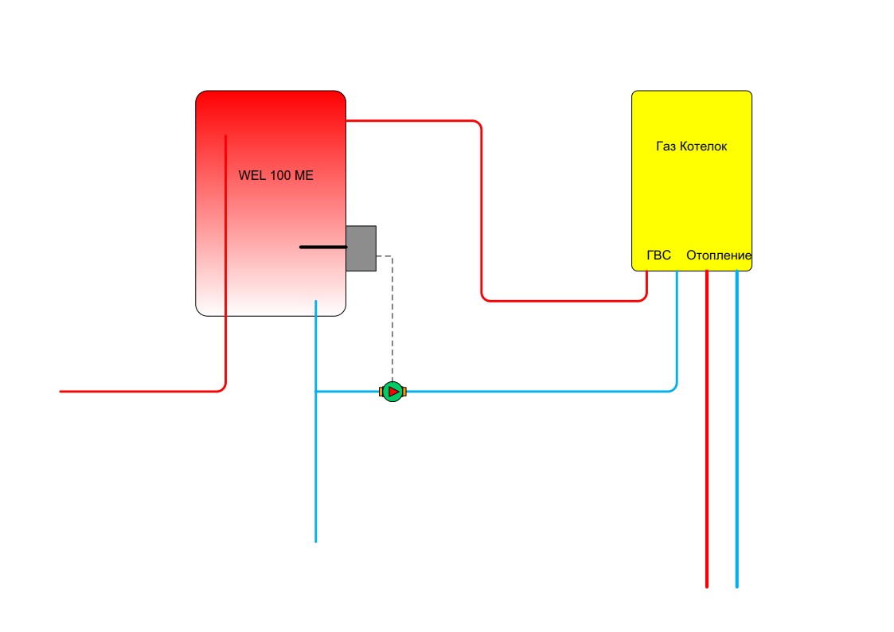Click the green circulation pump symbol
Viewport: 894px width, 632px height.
[x=392, y=392]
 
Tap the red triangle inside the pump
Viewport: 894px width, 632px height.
[x=393, y=392]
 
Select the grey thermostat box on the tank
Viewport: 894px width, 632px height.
[x=361, y=248]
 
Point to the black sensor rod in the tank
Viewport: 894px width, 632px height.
[x=323, y=248]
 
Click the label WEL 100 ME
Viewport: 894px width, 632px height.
[x=276, y=176]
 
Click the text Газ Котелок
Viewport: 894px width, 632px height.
[x=692, y=146]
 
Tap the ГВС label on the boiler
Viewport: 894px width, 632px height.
[x=658, y=256]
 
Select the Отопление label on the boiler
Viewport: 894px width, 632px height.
[x=718, y=256]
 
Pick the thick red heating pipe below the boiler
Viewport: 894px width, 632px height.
[x=707, y=428]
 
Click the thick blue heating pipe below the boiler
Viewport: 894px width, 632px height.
[x=736, y=428]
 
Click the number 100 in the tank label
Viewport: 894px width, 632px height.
[x=280, y=176]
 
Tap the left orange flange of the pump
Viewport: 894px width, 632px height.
[x=381, y=392]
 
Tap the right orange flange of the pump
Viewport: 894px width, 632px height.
[x=404, y=392]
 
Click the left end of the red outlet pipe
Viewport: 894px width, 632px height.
[x=61, y=392]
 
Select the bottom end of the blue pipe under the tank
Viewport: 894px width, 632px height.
[x=316, y=541]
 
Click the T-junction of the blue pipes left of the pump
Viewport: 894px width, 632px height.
[x=316, y=392]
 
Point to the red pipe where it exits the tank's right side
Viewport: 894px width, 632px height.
[x=347, y=121]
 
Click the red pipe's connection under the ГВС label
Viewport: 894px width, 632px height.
[x=646, y=272]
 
